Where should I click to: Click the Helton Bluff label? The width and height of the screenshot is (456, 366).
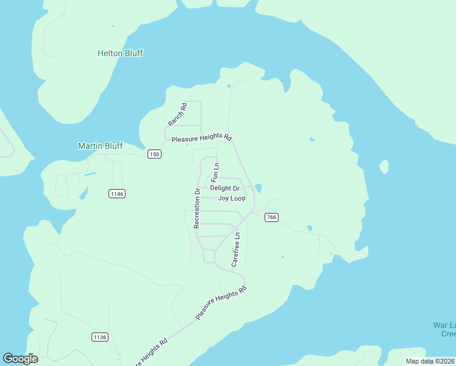[120, 53]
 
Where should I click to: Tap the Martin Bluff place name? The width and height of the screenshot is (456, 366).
[100, 146]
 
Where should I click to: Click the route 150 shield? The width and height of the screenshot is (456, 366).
[154, 154]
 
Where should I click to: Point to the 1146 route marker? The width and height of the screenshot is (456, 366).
[117, 193]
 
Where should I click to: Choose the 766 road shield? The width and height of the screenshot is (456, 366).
[272, 218]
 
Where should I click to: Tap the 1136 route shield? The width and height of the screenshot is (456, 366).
[100, 337]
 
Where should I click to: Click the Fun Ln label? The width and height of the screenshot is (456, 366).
[215, 173]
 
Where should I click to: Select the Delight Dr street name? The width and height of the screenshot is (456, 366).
[224, 188]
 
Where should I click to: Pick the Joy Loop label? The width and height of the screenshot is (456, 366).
[232, 199]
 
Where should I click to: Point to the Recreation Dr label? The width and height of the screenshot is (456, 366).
[197, 209]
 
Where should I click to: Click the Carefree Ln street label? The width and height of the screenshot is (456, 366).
[236, 249]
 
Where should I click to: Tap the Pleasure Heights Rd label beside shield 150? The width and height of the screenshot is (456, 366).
[202, 138]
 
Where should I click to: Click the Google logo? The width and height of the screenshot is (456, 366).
[20, 359]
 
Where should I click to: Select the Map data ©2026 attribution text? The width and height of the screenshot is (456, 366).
[430, 361]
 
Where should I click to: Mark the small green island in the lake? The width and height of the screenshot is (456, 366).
[384, 166]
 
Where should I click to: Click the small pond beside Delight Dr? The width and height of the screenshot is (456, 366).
[259, 187]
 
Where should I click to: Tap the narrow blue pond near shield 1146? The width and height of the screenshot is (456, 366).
[90, 174]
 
